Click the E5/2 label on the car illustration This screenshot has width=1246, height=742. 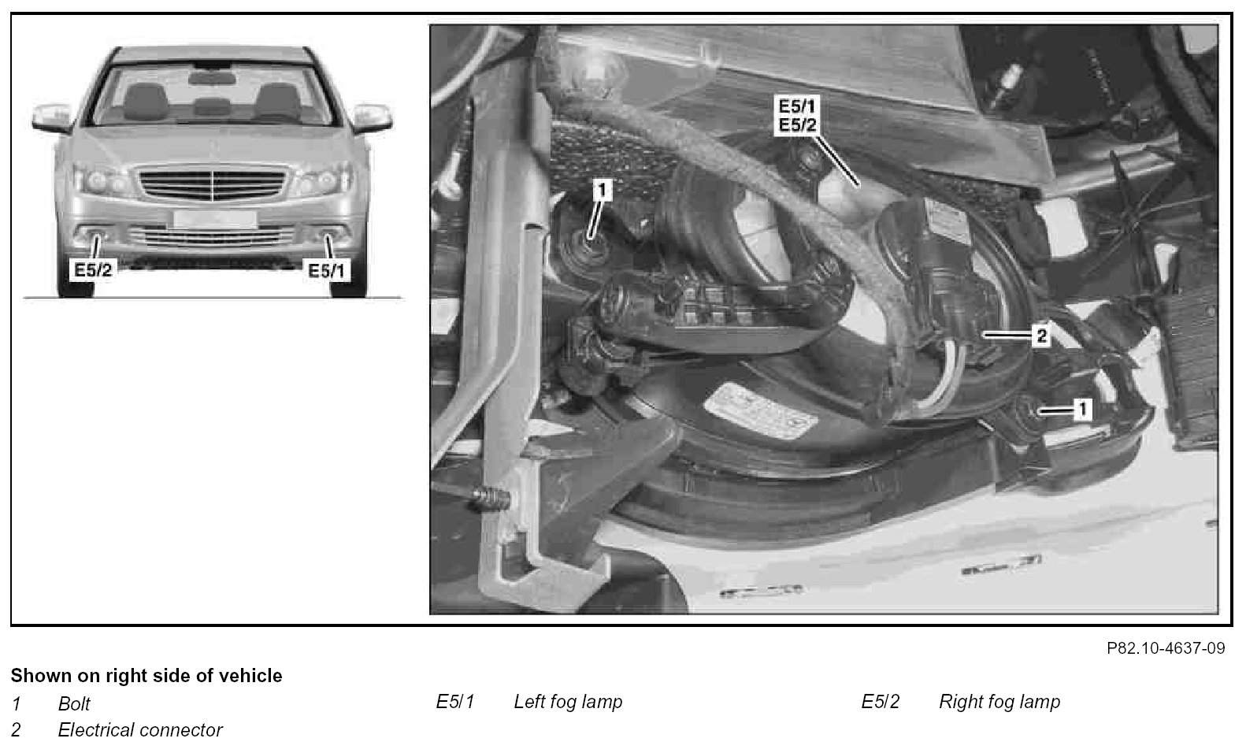pyautogui.click(x=93, y=270)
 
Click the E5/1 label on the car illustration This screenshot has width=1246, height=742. pyautogui.click(x=327, y=271)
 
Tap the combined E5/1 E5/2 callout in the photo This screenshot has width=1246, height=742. pyautogui.click(x=797, y=116)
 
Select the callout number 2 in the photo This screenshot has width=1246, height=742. pyautogui.click(x=1041, y=335)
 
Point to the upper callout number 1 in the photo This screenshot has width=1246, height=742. pyautogui.click(x=601, y=191)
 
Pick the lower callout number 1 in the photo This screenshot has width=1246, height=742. pyautogui.click(x=1082, y=410)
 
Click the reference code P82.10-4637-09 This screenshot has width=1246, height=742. pyautogui.click(x=1166, y=648)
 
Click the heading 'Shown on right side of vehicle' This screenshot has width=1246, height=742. pyautogui.click(x=146, y=676)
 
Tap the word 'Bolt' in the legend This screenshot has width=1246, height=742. pyautogui.click(x=74, y=703)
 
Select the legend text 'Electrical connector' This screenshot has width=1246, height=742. pyautogui.click(x=140, y=729)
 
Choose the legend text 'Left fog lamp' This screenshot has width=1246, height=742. pyautogui.click(x=568, y=702)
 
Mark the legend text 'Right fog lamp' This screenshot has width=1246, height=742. pyautogui.click(x=999, y=702)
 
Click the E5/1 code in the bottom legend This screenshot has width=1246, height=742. pyautogui.click(x=455, y=702)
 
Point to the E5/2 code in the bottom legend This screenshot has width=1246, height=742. pyautogui.click(x=881, y=702)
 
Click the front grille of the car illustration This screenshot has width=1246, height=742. pyautogui.click(x=213, y=185)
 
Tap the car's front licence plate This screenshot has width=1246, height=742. pyautogui.click(x=215, y=219)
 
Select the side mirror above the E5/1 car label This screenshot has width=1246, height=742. pyautogui.click(x=373, y=117)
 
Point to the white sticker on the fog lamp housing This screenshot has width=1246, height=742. pyautogui.click(x=760, y=410)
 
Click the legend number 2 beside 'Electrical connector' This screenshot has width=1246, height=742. pyautogui.click(x=16, y=729)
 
